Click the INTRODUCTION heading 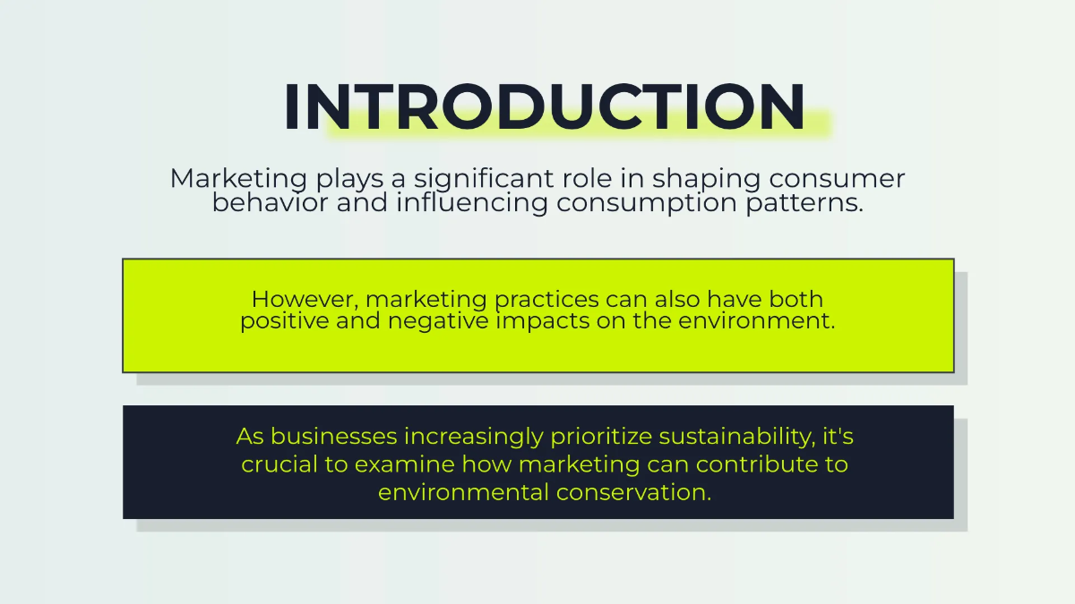(x=544, y=107)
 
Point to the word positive (x=284, y=321)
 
